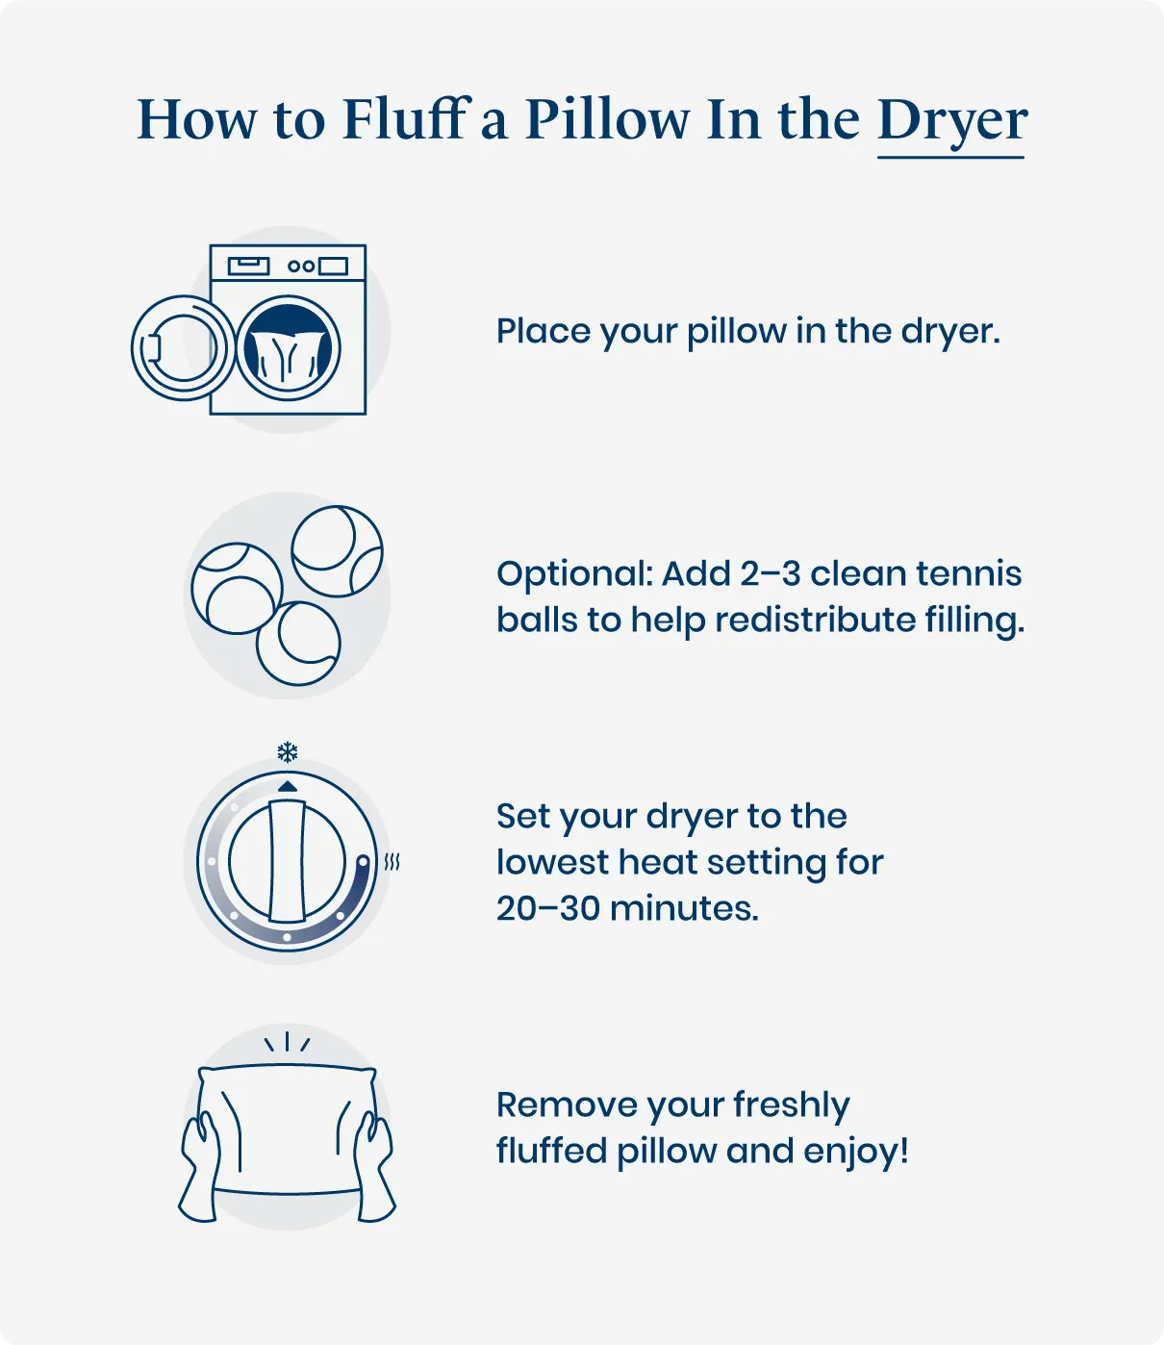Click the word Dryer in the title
951,121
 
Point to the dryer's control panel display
248,265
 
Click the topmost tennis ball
337,551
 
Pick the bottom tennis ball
298,643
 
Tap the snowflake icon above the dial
287,752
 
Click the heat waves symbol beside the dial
392,862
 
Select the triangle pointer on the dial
287,786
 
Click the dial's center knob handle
287,860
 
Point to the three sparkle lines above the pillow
287,1043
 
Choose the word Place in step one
543,331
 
